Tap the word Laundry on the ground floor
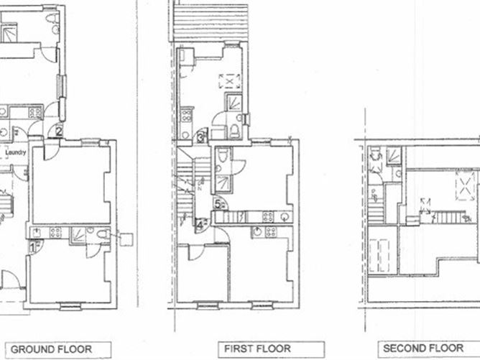click(x=16, y=152)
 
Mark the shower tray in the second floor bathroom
click(x=392, y=154)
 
